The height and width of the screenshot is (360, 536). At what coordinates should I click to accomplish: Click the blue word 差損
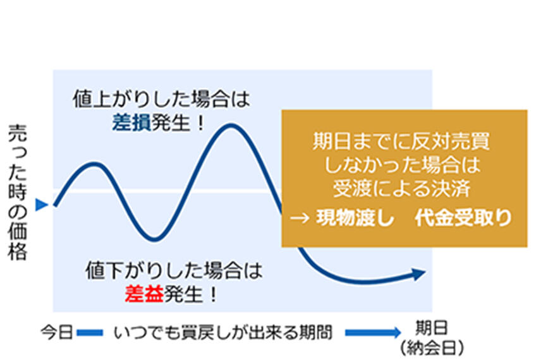tap(131, 123)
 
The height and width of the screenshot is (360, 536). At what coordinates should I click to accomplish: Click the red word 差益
tap(144, 294)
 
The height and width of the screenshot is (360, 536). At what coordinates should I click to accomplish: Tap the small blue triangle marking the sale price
tap(42, 204)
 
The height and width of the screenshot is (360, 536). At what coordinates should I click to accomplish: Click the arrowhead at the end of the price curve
tap(418, 273)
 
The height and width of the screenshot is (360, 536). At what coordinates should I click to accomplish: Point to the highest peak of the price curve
tap(231, 126)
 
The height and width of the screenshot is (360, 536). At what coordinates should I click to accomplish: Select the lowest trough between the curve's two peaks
tap(154, 239)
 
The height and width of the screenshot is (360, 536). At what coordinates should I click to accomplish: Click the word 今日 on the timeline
tap(56, 332)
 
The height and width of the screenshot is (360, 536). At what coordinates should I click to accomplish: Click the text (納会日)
tap(432, 348)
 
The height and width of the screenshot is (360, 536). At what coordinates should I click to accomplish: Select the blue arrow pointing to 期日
tap(373, 332)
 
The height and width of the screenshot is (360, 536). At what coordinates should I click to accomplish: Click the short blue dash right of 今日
tap(90, 332)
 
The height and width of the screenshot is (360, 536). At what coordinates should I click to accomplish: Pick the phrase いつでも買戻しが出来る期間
tap(223, 333)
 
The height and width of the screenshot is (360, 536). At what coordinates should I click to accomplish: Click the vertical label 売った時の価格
tap(18, 192)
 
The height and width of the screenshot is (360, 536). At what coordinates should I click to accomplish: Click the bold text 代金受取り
tap(463, 217)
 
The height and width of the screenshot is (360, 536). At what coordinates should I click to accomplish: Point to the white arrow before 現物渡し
tap(300, 218)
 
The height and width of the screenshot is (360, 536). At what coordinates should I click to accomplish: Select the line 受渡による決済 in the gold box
tap(402, 188)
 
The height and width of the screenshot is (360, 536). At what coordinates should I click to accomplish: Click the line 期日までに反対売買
tap(401, 141)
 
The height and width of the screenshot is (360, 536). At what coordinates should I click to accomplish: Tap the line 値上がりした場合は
tap(161, 99)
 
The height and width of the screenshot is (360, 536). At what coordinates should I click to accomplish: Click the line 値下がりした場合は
tap(174, 270)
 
